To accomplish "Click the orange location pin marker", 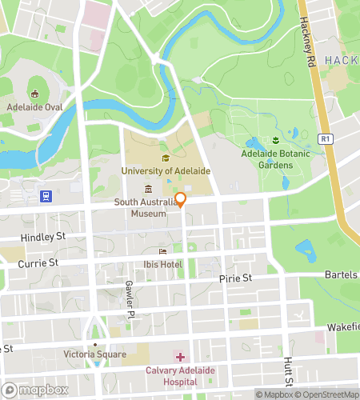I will [x=181, y=200].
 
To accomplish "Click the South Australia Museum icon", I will [x=148, y=189].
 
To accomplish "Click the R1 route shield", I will [x=325, y=138].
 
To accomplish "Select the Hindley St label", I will [x=45, y=238].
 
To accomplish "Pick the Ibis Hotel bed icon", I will [x=163, y=252].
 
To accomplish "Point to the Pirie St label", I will [x=235, y=278].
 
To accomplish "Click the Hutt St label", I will [x=287, y=367].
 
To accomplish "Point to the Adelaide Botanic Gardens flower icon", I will [x=274, y=141].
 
